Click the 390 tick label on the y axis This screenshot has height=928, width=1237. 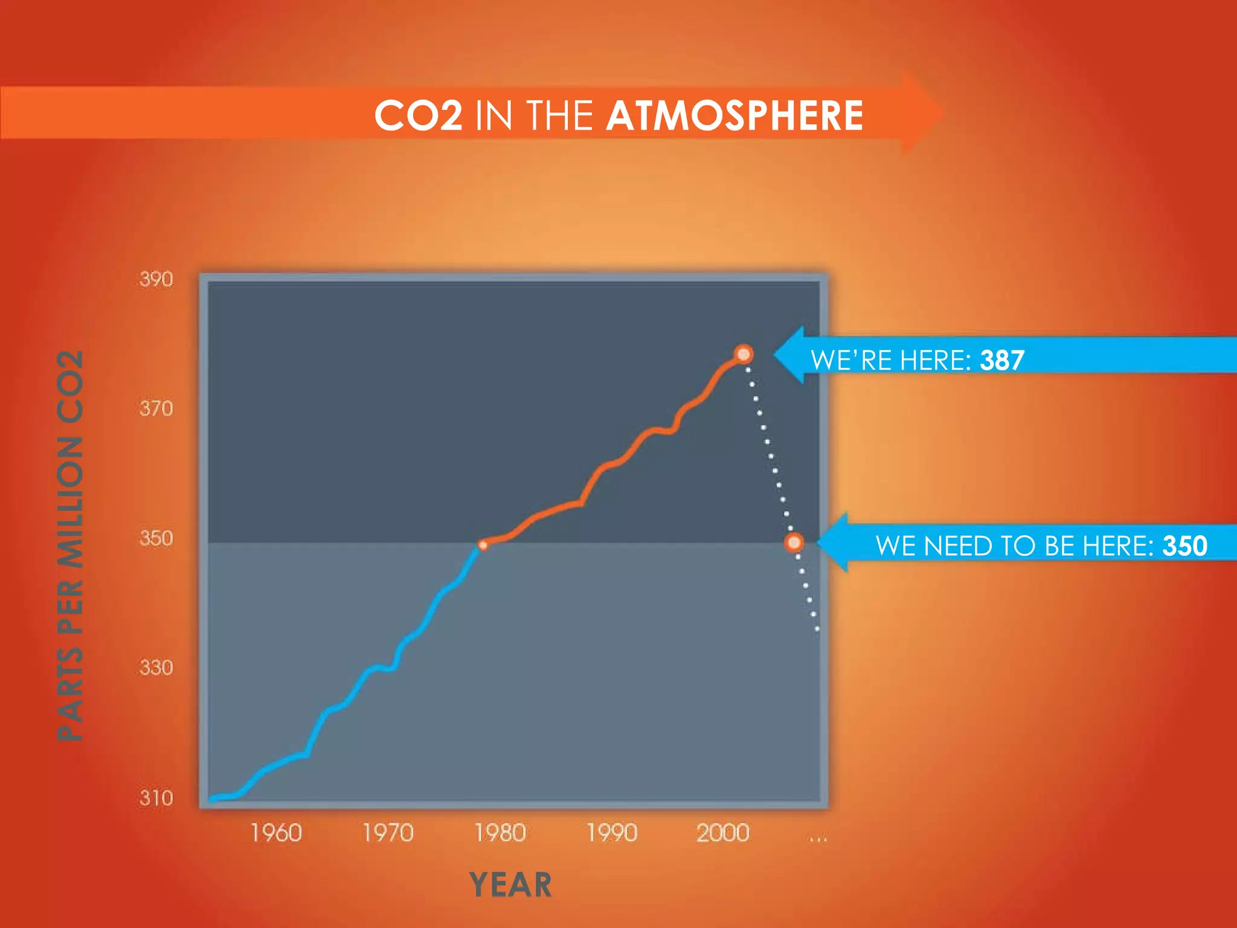(156, 279)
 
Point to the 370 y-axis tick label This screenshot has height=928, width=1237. (156, 408)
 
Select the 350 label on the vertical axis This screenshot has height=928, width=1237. (156, 538)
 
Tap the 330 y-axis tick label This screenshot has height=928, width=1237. (156, 668)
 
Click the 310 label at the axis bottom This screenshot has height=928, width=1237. (156, 797)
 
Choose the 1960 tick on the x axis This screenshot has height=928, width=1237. (276, 833)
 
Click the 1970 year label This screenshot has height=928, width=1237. (388, 833)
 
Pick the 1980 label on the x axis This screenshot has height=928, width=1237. (500, 833)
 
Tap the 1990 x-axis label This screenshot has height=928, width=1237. (612, 833)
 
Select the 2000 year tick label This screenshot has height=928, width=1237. (723, 833)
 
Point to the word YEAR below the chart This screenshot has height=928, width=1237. (510, 884)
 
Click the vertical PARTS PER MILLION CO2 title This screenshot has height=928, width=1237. (70, 545)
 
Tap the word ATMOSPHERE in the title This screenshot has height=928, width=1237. (734, 115)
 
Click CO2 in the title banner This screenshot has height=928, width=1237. (418, 115)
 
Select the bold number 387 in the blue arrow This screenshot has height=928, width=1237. (1002, 360)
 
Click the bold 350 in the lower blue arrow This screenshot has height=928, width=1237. (1184, 546)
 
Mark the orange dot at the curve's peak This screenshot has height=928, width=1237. (744, 354)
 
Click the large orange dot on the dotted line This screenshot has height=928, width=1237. (794, 542)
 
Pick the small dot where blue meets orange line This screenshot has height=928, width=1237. (483, 545)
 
